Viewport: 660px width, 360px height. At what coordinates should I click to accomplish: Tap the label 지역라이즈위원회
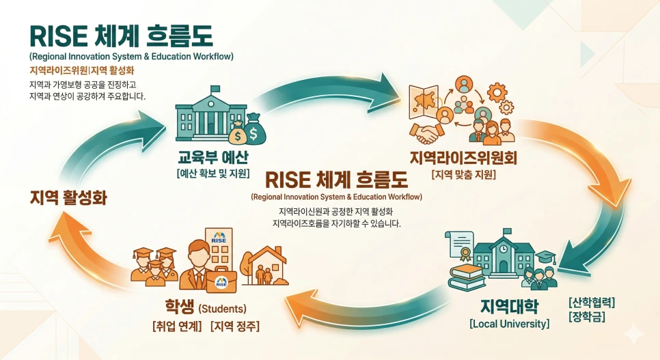click(463, 158)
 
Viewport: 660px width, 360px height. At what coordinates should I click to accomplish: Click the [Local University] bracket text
click(509, 323)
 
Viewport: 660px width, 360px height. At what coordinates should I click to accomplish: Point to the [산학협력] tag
click(592, 302)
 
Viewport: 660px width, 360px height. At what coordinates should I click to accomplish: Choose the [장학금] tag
click(586, 317)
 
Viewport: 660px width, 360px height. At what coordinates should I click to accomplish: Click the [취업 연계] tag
click(177, 326)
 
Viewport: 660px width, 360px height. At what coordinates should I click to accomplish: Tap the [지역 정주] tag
click(235, 326)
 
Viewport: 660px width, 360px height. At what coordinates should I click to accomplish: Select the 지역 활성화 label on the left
click(68, 198)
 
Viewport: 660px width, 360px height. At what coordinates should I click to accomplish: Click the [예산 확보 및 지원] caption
click(212, 174)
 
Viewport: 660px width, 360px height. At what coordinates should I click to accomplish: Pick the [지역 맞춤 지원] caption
click(463, 175)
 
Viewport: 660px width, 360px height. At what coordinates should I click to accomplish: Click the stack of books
click(467, 276)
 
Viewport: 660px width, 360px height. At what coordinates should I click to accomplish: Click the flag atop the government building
click(215, 88)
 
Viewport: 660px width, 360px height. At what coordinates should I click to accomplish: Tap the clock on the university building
click(503, 248)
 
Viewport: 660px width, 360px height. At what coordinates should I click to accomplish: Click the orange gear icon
click(497, 91)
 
